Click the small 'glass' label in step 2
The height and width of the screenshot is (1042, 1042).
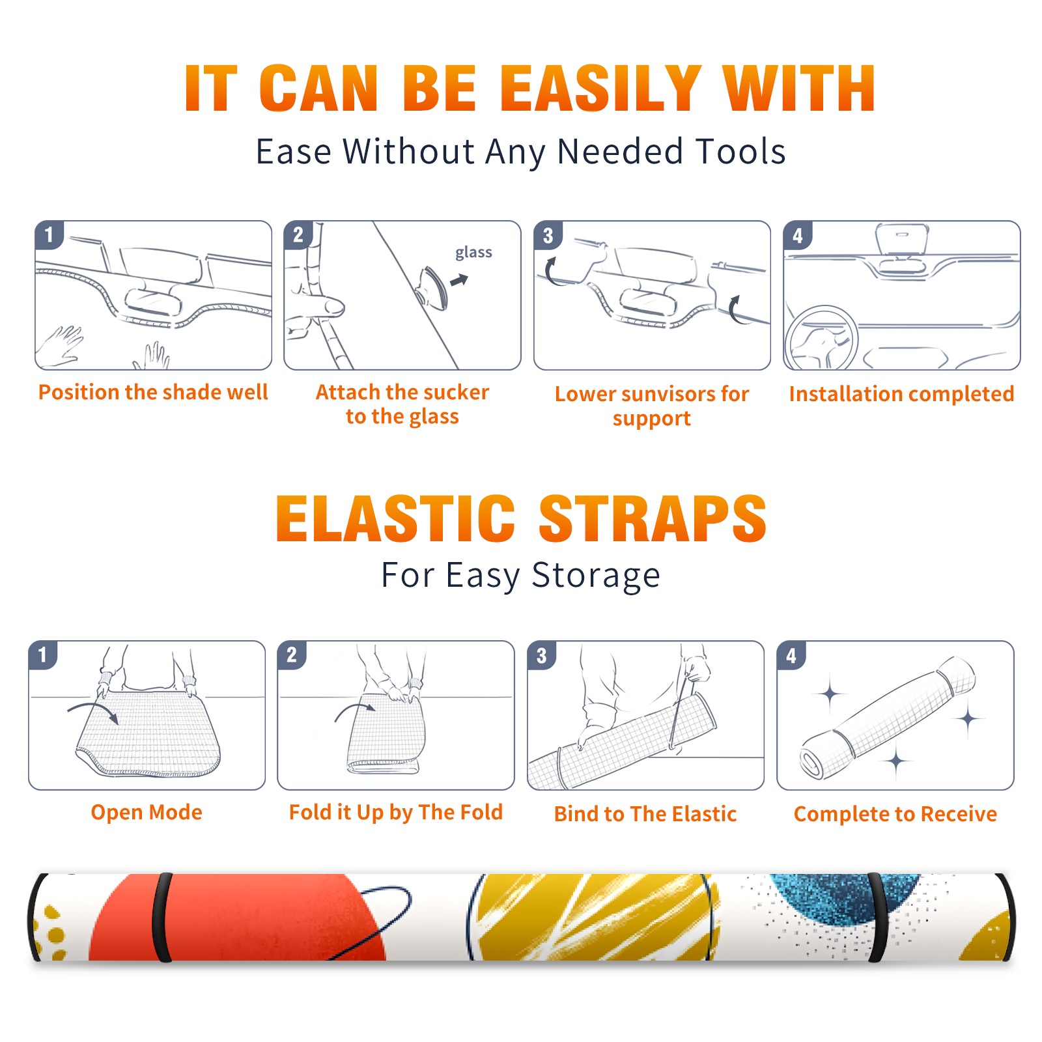473,253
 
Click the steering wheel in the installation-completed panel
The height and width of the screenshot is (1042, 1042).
821,337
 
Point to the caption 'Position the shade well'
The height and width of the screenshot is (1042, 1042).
153,392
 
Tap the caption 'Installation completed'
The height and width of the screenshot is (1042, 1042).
901,394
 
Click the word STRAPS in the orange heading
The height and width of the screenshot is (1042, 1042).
653,518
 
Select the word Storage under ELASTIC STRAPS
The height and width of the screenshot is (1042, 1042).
596,576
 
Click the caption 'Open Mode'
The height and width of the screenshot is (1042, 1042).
147,812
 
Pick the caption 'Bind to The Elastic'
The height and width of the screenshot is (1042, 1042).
645,814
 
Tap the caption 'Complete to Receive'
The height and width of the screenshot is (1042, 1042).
895,814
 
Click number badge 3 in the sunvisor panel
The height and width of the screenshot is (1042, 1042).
548,235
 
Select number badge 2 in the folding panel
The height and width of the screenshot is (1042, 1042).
292,655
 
